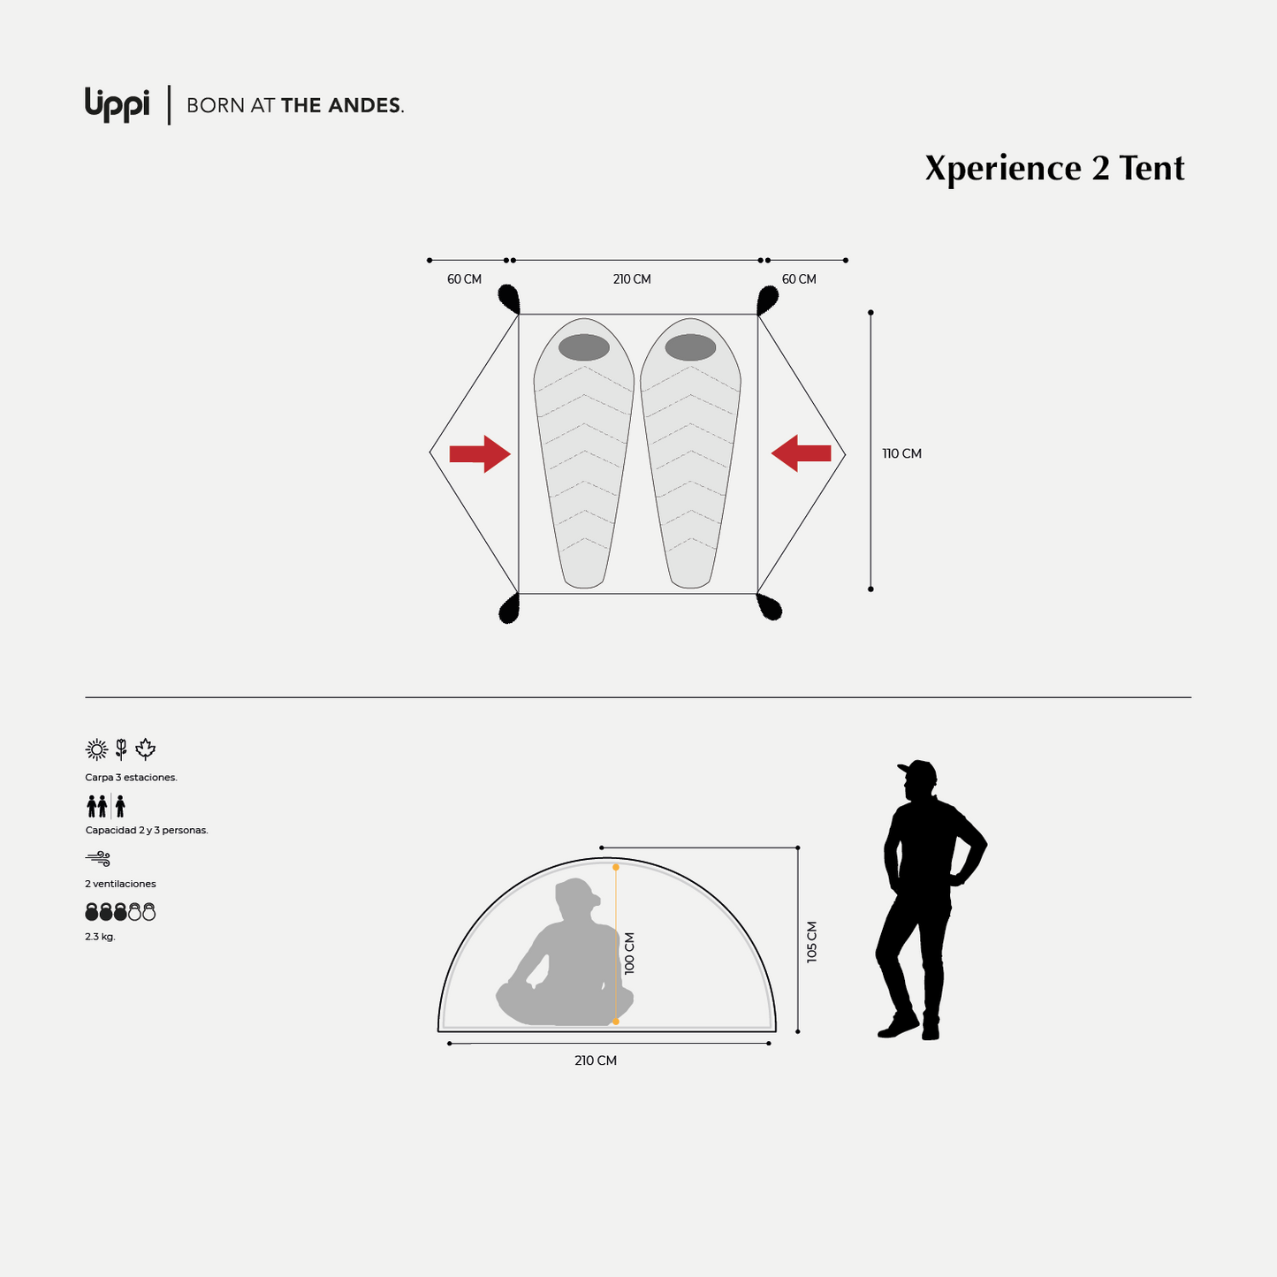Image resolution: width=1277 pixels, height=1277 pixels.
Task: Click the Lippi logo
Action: pos(117,104)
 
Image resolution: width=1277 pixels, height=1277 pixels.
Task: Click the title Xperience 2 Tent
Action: pos(1054,168)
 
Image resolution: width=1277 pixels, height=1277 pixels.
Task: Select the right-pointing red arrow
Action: pos(480,454)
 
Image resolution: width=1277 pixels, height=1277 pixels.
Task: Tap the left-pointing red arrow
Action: pos(801,453)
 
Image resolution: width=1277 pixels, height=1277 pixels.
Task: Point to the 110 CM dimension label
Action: pos(901,454)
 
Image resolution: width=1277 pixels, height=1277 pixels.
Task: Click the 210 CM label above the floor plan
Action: pos(632,279)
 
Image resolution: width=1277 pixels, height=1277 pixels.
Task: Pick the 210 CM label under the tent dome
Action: pos(595,1061)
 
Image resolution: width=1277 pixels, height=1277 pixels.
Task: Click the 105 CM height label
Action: pos(812,942)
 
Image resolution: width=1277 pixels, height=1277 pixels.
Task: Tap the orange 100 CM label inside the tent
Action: pos(629,953)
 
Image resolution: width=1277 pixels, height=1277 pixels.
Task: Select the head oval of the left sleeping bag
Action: pos(584,347)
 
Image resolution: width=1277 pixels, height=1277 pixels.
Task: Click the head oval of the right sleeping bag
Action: pos(690,347)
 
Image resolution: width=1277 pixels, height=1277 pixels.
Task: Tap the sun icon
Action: pos(96,749)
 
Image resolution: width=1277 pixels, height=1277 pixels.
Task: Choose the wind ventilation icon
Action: pos(98,859)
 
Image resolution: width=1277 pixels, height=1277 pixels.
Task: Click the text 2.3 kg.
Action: pos(100,937)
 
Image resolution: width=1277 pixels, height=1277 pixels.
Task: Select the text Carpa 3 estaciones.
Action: pos(131,778)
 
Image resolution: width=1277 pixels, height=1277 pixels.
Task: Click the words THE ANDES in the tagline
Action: pos(342,105)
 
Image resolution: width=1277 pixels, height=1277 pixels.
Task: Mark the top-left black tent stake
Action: pos(509,299)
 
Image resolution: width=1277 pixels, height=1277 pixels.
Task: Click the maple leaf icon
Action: pos(145,749)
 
